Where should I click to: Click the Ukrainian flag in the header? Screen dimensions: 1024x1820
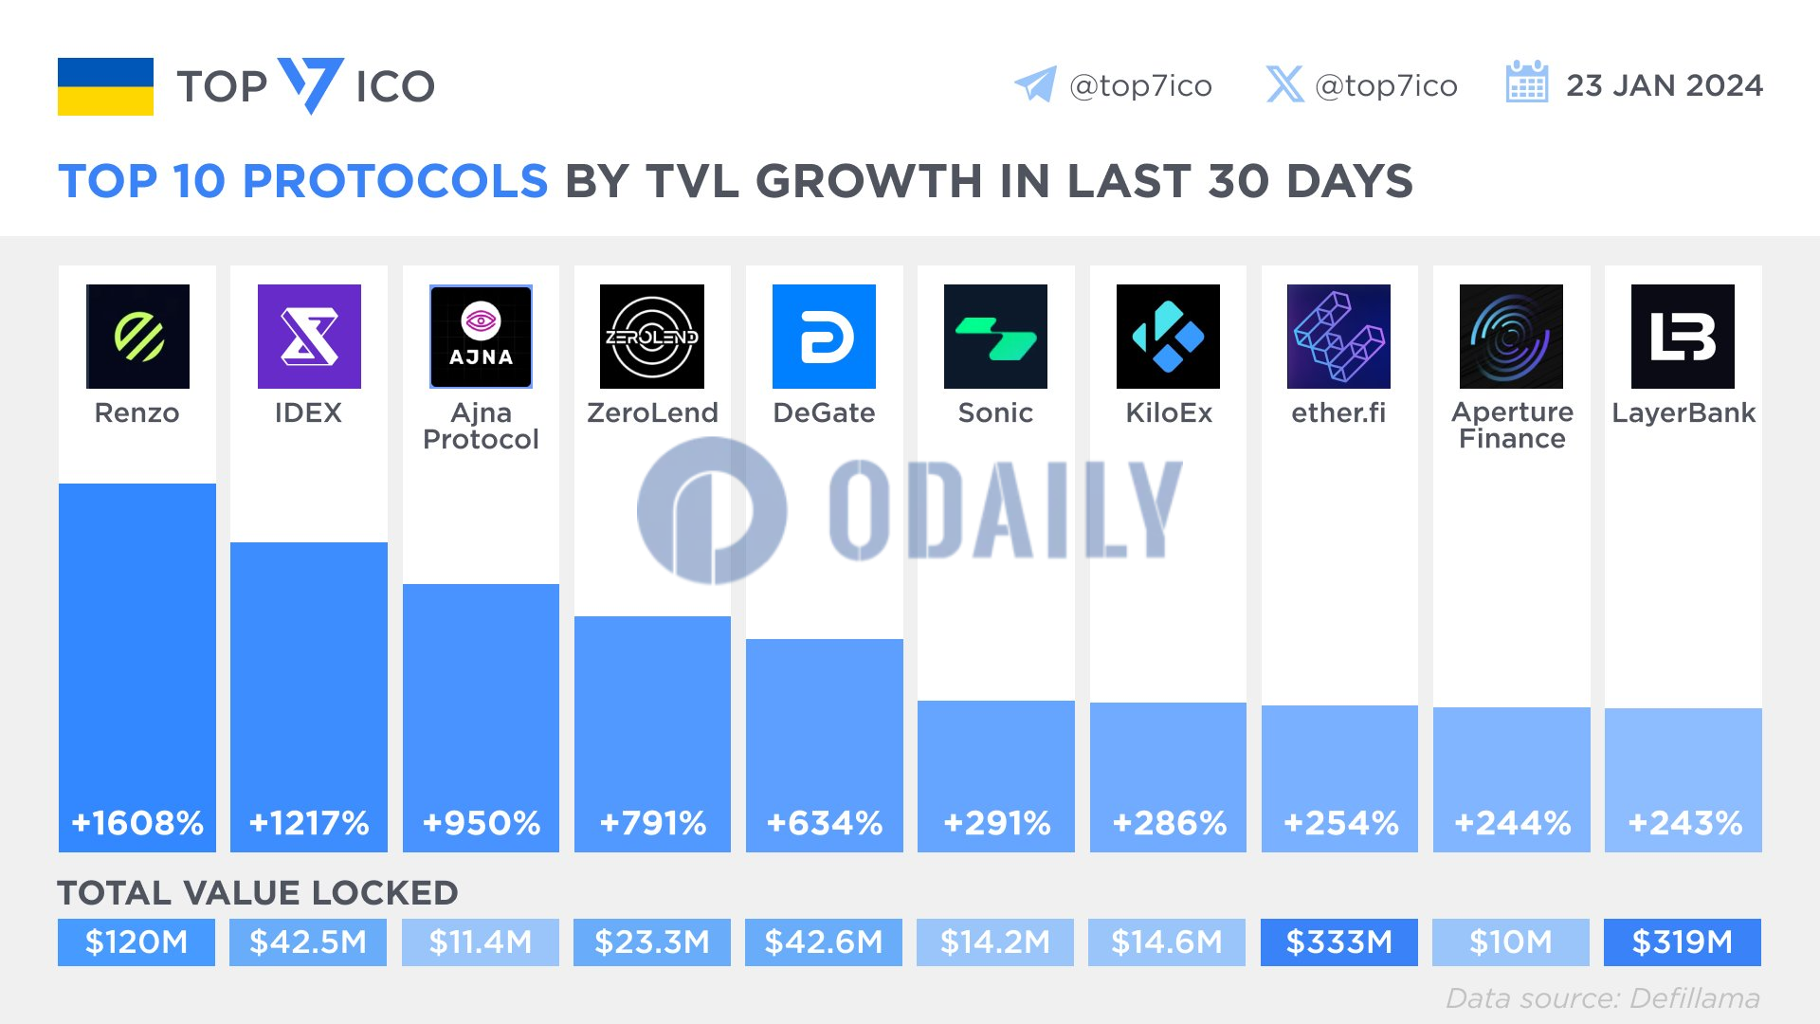[x=105, y=86]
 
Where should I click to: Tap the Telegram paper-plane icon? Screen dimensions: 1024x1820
[x=1035, y=84]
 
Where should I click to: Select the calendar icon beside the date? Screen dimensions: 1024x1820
[x=1526, y=82]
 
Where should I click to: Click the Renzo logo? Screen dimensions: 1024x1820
[x=137, y=337]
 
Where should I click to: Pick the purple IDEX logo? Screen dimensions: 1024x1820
[x=309, y=337]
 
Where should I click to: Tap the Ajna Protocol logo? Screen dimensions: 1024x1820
[x=481, y=337]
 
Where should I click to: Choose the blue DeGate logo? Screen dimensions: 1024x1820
[x=824, y=337]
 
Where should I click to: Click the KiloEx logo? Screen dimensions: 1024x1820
[x=1168, y=337]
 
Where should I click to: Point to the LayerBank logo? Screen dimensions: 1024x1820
[x=1683, y=337]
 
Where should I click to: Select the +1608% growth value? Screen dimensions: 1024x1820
[x=137, y=823]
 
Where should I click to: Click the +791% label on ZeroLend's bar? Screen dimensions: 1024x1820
[x=653, y=823]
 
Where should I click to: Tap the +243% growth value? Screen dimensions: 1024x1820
[x=1684, y=823]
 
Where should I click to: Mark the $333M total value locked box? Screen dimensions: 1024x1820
[x=1338, y=942]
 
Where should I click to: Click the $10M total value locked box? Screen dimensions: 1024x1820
[x=1511, y=942]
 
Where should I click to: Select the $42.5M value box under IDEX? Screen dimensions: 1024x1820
[x=308, y=942]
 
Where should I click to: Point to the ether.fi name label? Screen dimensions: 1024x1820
[x=1338, y=413]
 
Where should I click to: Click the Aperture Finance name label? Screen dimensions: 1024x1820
[x=1512, y=426]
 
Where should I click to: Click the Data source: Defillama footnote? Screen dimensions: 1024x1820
[x=1602, y=998]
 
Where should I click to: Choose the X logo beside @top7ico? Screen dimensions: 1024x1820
[x=1284, y=84]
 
